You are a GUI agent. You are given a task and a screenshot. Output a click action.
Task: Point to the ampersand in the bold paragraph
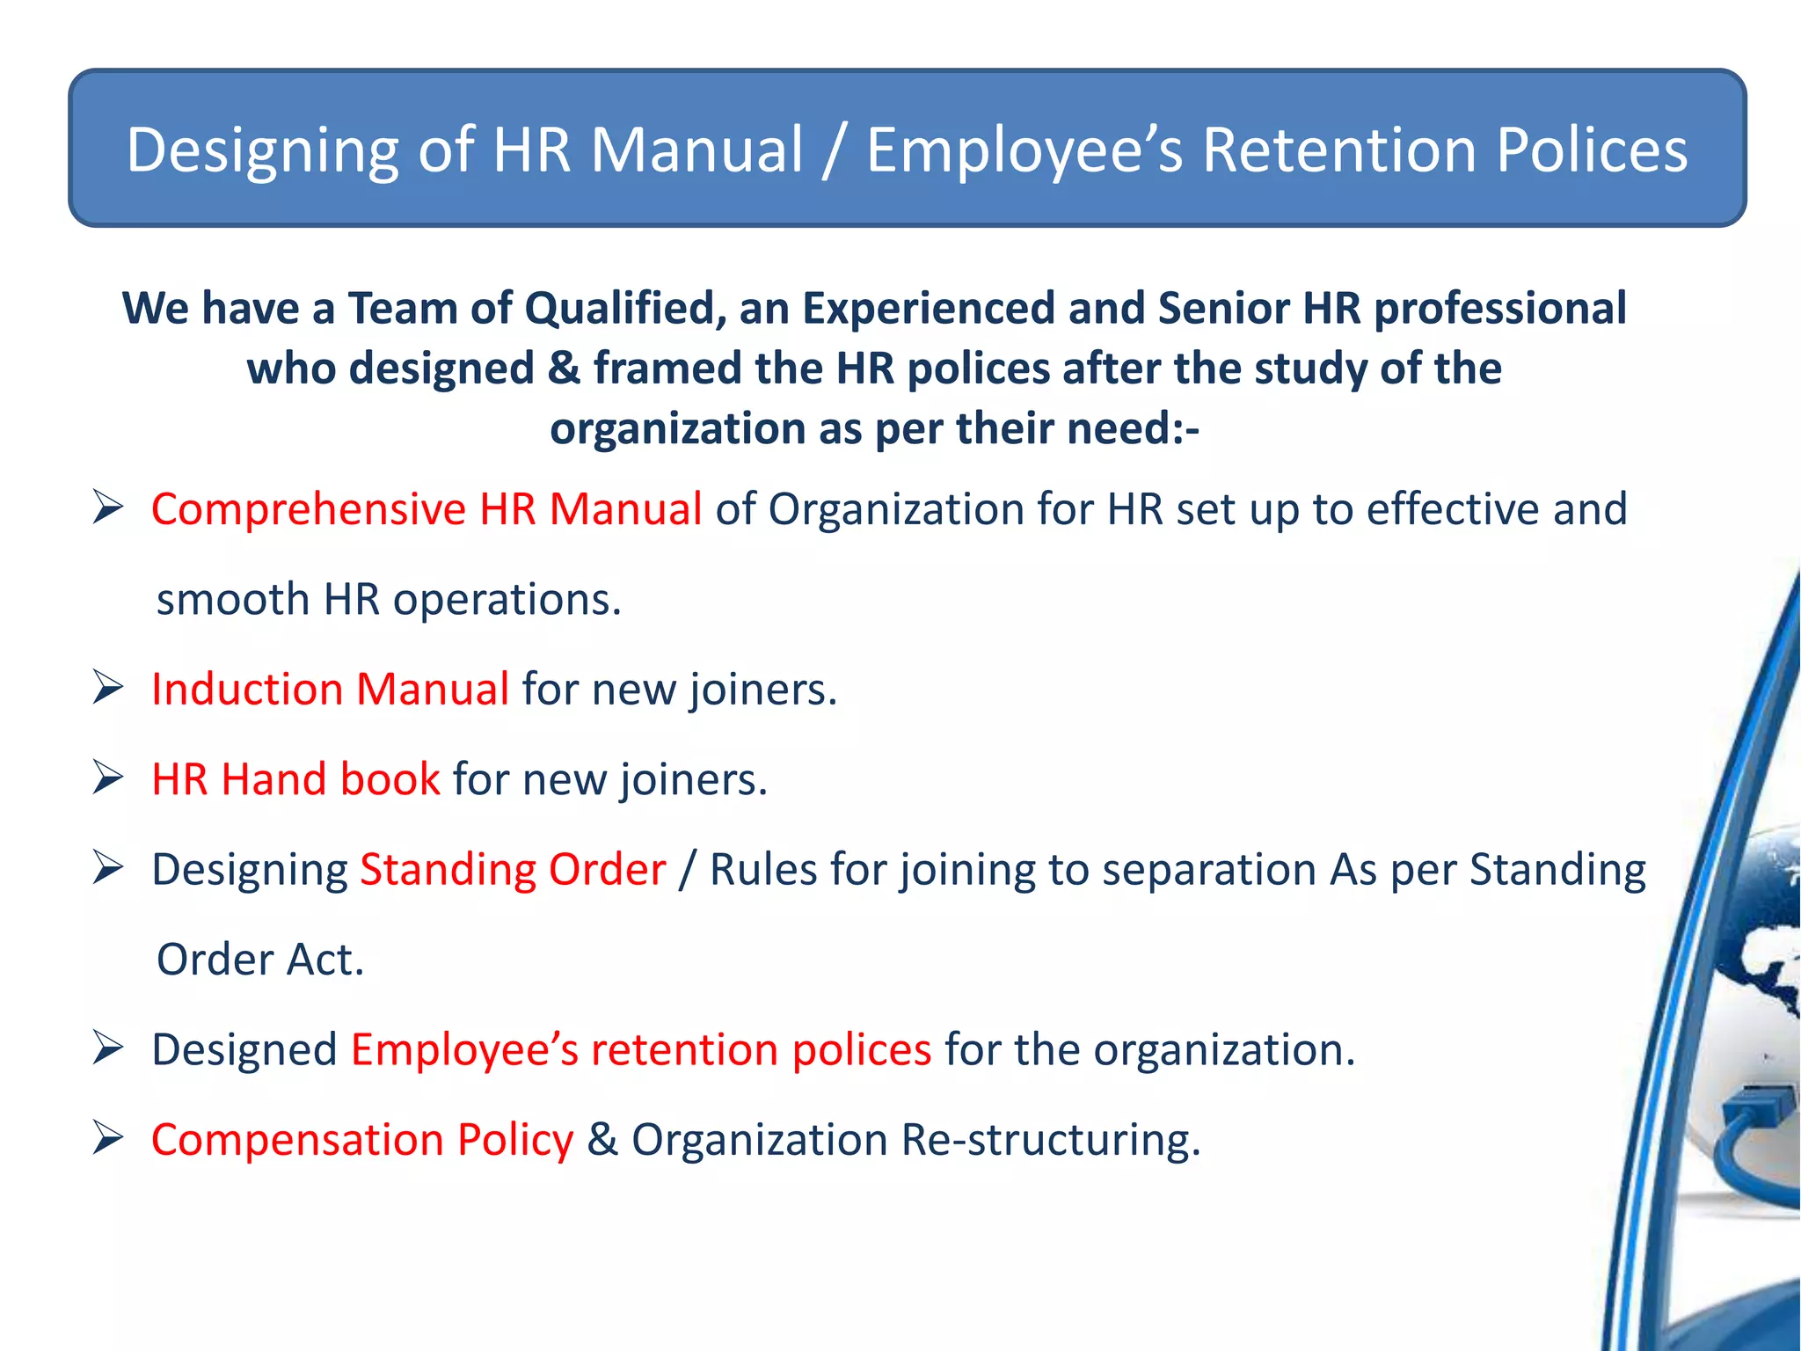click(x=563, y=369)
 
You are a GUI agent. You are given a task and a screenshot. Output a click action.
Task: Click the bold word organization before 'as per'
click(x=677, y=429)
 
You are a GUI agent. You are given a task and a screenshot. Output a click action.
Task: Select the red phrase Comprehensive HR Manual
click(x=426, y=509)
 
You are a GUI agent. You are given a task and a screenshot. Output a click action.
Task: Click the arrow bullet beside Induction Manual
click(x=107, y=687)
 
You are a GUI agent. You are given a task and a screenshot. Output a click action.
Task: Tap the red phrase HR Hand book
click(x=295, y=779)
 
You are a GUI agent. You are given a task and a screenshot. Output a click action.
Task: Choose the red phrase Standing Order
click(x=513, y=870)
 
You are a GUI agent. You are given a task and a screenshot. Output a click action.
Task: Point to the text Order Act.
click(x=259, y=960)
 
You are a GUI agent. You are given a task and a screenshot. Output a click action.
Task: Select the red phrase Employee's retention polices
click(x=640, y=1049)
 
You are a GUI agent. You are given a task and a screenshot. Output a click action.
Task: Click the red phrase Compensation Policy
click(x=361, y=1140)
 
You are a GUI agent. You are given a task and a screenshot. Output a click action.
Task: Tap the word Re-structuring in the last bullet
click(x=1050, y=1140)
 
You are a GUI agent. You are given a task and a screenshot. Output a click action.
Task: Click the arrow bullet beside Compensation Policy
click(x=107, y=1138)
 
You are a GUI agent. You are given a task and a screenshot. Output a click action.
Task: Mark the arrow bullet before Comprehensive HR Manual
click(x=107, y=508)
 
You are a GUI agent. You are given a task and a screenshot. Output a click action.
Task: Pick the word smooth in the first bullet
click(x=233, y=600)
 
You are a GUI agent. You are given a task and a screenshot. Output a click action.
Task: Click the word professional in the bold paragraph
click(x=1499, y=309)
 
